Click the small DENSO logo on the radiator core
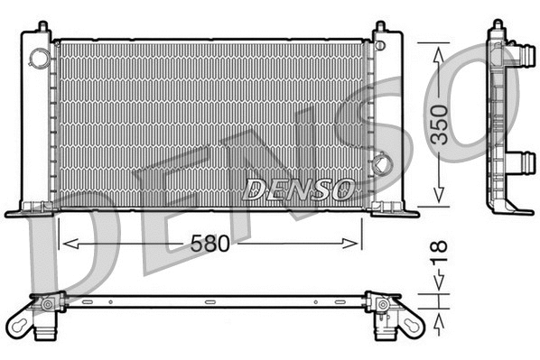tap(298, 189)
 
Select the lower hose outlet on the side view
tap(523, 162)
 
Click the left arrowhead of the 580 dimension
tap(64, 244)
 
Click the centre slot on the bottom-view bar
tap(209, 302)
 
